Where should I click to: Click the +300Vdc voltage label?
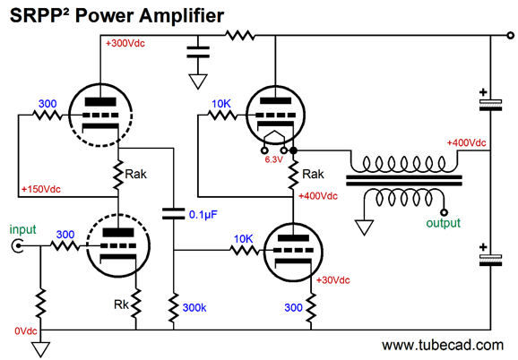click(x=125, y=43)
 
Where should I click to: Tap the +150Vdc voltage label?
click(x=41, y=190)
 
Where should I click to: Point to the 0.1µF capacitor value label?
click(x=203, y=215)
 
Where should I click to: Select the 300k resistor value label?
click(x=194, y=308)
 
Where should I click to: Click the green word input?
click(x=22, y=229)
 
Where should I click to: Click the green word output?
click(x=443, y=223)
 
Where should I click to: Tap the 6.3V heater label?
click(x=274, y=159)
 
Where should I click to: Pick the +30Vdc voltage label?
click(x=333, y=280)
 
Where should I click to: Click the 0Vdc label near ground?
click(x=26, y=331)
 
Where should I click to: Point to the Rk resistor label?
click(x=121, y=304)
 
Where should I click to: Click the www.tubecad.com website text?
click(x=443, y=345)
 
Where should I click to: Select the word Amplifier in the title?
click(x=181, y=16)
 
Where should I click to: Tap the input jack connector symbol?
click(x=17, y=246)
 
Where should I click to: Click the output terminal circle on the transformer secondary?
click(x=445, y=212)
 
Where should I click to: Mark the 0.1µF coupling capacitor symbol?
click(x=174, y=213)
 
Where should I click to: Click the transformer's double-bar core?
click(x=403, y=181)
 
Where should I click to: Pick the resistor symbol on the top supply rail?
click(x=240, y=35)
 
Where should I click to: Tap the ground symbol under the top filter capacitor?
click(x=198, y=81)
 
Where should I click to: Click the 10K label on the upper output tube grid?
click(x=221, y=104)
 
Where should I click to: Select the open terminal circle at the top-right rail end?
click(x=511, y=35)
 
